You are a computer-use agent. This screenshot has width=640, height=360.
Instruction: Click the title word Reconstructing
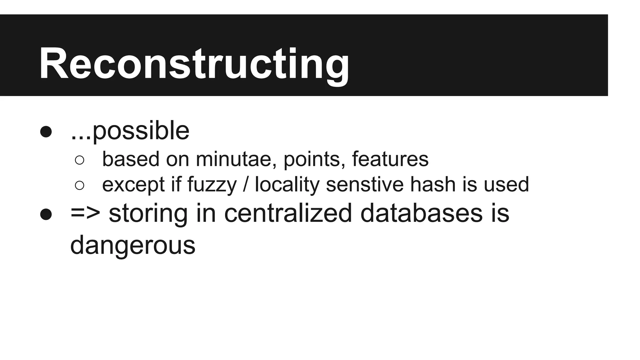[x=194, y=64]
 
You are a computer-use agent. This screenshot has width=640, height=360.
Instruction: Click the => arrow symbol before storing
[x=85, y=213]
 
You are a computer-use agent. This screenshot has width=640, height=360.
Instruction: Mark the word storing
[x=148, y=214]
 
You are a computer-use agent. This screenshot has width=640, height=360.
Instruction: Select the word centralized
[x=288, y=213]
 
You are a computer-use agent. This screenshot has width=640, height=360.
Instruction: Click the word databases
[x=421, y=213]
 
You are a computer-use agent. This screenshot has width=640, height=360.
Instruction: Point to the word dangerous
[x=132, y=246]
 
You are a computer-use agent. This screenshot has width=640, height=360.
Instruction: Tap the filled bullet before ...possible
[x=46, y=132]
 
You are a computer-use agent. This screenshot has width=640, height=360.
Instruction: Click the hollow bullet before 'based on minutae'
[x=79, y=160]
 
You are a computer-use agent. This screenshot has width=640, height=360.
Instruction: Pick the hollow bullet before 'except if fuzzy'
[x=79, y=185]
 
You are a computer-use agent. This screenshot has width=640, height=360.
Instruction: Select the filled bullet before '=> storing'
[x=46, y=214]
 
